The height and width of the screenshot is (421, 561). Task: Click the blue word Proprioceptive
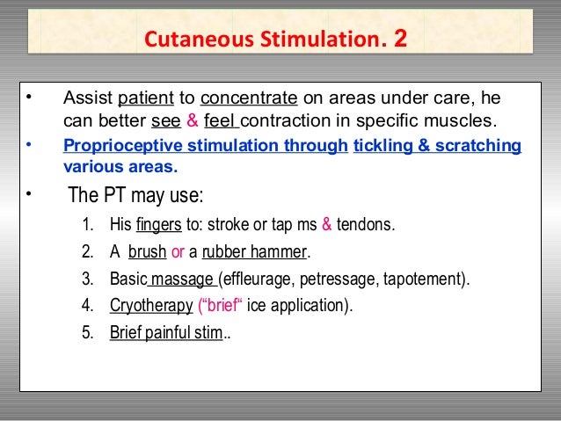tap(117, 145)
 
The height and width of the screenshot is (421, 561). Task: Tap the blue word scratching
tap(482, 145)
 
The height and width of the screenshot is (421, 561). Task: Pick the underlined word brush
tap(147, 252)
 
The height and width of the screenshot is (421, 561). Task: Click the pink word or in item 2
tap(178, 252)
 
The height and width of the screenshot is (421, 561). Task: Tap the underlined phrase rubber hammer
tap(254, 252)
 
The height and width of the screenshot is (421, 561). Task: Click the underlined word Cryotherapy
tap(151, 306)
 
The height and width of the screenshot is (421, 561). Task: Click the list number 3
tap(86, 279)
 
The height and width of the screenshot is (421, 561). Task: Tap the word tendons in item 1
tap(369, 224)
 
